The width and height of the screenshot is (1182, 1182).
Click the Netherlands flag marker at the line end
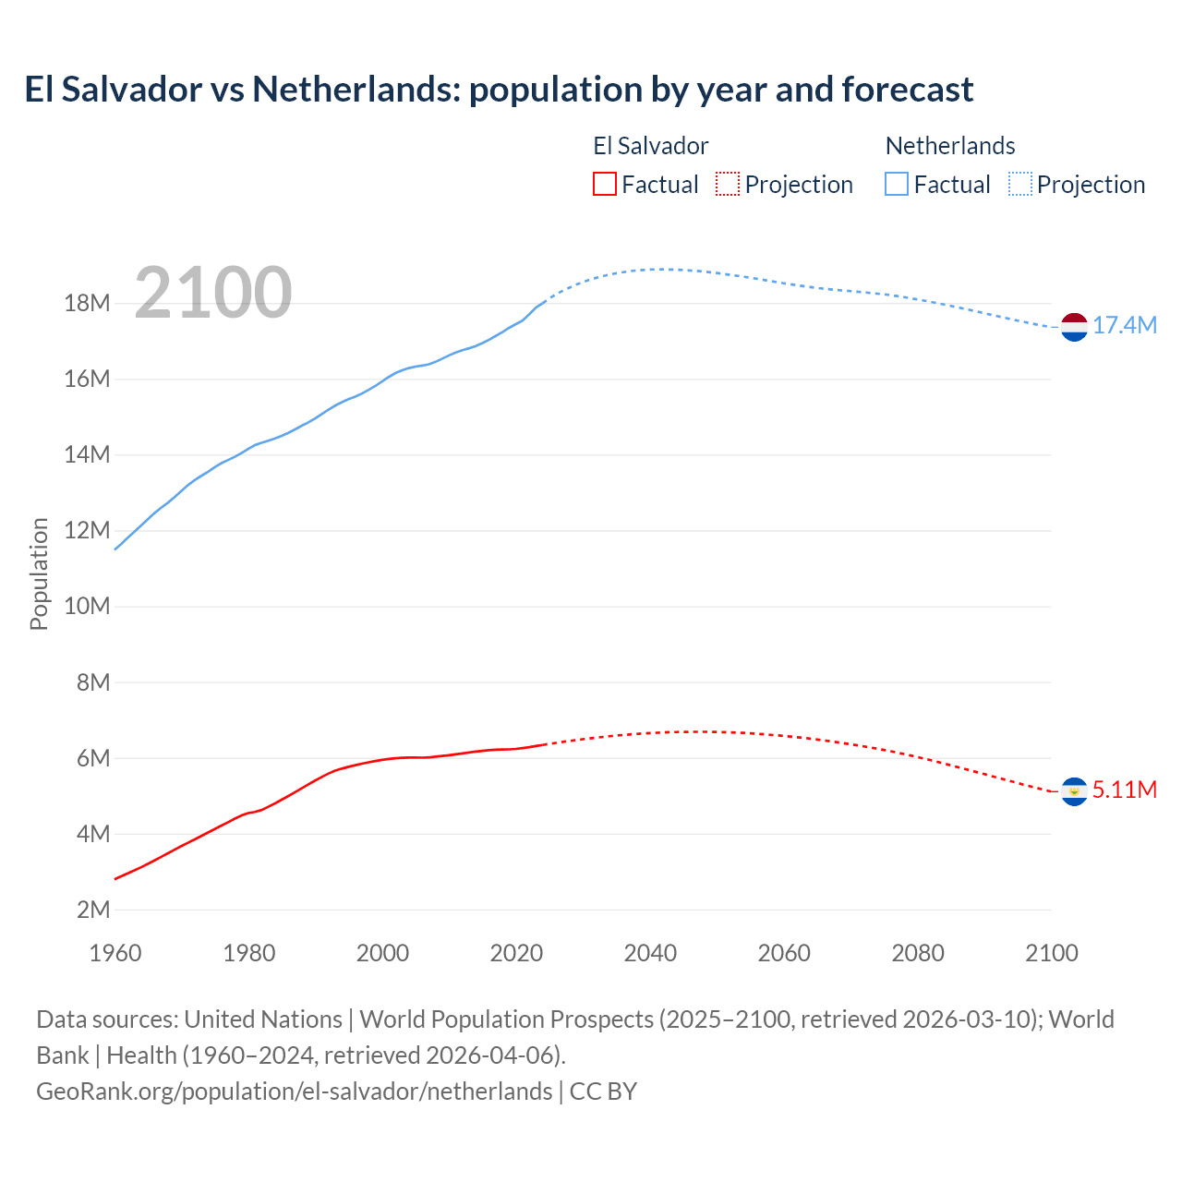tap(1074, 327)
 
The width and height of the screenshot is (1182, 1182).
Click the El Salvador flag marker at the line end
tap(1074, 791)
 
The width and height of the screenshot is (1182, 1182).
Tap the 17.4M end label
tap(1125, 325)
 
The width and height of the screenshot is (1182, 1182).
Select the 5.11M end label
tap(1125, 790)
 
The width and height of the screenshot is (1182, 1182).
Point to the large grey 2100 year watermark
tap(213, 293)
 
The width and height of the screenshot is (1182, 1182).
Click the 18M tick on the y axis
tap(87, 304)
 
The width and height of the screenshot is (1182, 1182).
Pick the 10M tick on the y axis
tap(87, 607)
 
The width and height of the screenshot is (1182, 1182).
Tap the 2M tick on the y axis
tap(93, 910)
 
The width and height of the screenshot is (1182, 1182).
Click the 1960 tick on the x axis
tap(115, 953)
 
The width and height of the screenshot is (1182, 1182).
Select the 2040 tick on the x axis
tap(650, 953)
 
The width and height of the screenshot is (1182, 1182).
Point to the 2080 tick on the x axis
tap(918, 953)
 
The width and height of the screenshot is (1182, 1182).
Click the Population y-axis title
tap(39, 573)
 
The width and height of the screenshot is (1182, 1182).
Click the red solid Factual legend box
tap(605, 184)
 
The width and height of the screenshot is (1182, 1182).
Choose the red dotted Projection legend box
tap(728, 184)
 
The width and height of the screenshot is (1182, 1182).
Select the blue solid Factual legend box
tap(897, 184)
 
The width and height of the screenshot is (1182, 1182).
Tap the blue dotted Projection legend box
tap(1020, 184)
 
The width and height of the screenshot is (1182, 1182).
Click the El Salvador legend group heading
tap(650, 146)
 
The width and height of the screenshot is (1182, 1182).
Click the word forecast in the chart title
tap(907, 90)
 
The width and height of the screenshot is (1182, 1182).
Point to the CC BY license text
tap(603, 1092)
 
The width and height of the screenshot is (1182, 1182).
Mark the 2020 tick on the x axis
tap(516, 953)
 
